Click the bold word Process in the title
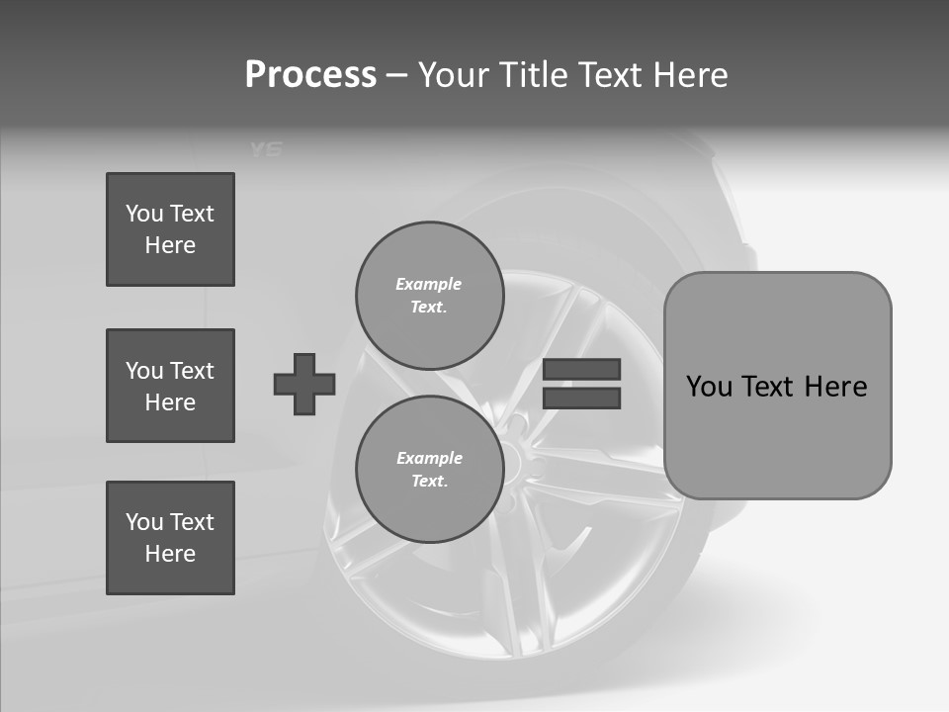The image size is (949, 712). point(310,75)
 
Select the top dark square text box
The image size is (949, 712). point(170,229)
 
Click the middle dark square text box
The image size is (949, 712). point(170,386)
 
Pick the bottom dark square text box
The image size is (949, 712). point(170,538)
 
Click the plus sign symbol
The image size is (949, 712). point(304,384)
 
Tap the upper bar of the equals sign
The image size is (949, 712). point(582,369)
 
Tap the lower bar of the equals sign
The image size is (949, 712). point(582,398)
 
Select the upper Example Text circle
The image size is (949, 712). point(429,296)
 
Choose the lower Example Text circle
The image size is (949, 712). point(429,470)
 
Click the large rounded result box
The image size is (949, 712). point(777,386)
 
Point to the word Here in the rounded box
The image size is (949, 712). point(835,387)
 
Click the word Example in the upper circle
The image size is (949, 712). point(429,284)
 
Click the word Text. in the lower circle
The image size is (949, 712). point(429,482)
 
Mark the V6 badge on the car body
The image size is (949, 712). point(266,149)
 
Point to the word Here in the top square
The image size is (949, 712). point(170,245)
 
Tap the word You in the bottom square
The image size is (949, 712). point(143,522)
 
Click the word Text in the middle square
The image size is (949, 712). point(191,371)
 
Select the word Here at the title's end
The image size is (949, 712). point(691,75)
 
